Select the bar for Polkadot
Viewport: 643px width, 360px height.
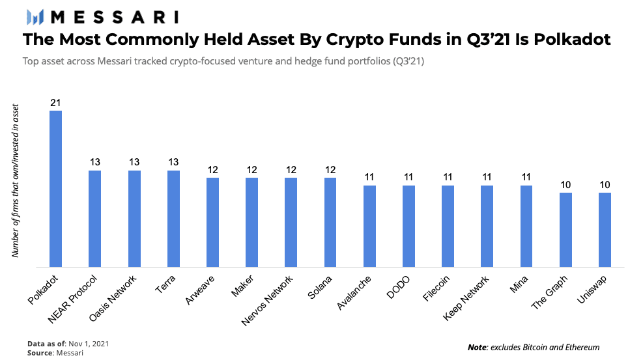tap(56, 188)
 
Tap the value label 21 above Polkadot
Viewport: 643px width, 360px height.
tap(56, 104)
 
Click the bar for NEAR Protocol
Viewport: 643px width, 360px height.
tap(95, 218)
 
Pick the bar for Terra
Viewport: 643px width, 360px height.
tap(173, 218)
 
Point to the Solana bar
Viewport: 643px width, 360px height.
tap(330, 221)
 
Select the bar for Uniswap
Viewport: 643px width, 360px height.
tap(605, 229)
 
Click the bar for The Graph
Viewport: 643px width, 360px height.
tap(565, 229)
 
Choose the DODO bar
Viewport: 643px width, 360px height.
tap(408, 225)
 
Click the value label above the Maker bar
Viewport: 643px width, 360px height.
tap(251, 171)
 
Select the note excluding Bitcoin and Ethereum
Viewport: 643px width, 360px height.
tap(533, 347)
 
